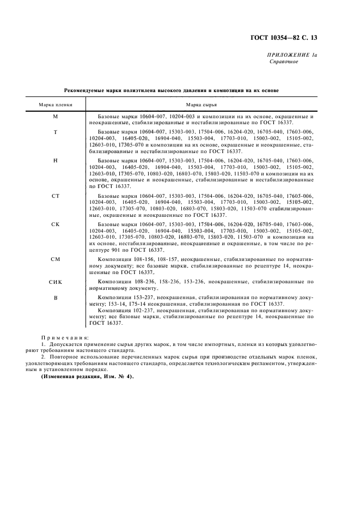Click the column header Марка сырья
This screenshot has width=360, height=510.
coord(202,104)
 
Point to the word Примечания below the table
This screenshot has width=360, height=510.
coord(65,338)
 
